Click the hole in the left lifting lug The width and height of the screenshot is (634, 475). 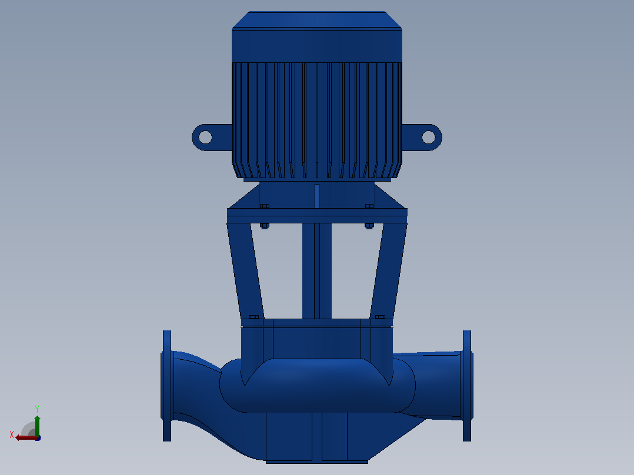coord(205,138)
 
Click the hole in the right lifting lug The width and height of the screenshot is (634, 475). coord(428,138)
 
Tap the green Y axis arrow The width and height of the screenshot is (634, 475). coord(37,426)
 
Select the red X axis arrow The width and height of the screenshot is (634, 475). coord(26,437)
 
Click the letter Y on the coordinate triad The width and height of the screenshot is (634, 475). coord(37,409)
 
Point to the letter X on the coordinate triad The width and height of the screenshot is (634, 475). coord(12,434)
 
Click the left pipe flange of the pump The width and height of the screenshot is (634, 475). coord(167,386)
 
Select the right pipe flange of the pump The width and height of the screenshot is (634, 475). coord(467,386)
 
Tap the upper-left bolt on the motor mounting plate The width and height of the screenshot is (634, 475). coord(265,206)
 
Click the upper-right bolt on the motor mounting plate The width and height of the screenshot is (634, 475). coord(369,206)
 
